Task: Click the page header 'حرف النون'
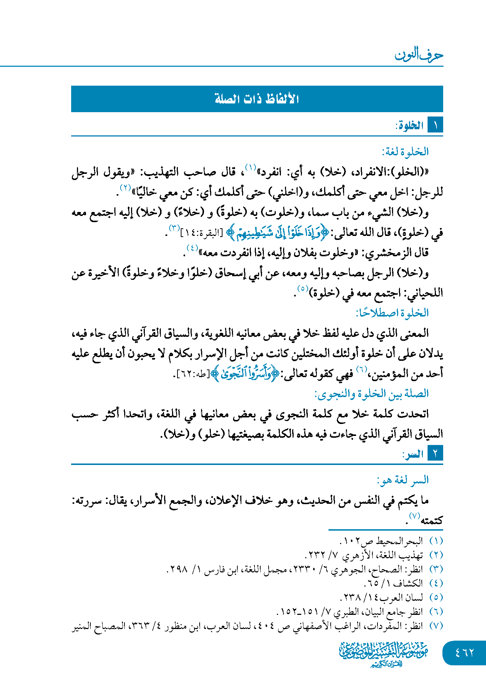pyautogui.click(x=419, y=55)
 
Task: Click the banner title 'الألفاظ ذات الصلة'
pyautogui.click(x=257, y=99)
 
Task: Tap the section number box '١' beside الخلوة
pyautogui.click(x=435, y=126)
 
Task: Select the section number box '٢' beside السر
pyautogui.click(x=435, y=454)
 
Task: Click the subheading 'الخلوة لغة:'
pyautogui.click(x=405, y=152)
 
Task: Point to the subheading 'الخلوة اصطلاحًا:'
pyautogui.click(x=392, y=313)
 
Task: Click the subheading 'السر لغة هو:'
pyautogui.click(x=403, y=480)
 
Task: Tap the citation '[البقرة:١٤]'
pyautogui.click(x=201, y=233)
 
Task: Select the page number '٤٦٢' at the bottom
pyautogui.click(x=465, y=653)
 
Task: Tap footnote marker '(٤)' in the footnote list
pyautogui.click(x=436, y=583)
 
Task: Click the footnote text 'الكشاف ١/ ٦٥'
pyautogui.click(x=394, y=583)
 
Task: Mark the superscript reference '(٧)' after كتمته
pyautogui.click(x=414, y=516)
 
